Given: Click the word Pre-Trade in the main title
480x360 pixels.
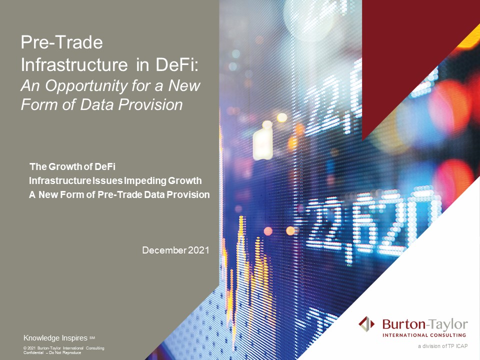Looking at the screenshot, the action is tap(62, 42).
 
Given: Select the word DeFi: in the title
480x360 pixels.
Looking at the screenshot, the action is tap(177, 64).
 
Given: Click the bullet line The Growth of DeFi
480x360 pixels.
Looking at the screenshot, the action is tap(72, 166).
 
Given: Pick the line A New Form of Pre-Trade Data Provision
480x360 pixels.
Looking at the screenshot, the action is tap(119, 194).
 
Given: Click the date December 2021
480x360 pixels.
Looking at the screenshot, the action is tap(175, 250).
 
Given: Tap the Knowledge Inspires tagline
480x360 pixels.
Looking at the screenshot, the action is tap(55, 338).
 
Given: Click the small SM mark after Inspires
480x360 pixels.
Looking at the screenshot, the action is tap(92, 338).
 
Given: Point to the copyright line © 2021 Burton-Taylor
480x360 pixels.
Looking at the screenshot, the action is tap(63, 348).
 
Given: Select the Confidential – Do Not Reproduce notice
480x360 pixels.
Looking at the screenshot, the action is tap(52, 352).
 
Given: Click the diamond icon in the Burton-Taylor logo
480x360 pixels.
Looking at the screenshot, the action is tap(366, 324).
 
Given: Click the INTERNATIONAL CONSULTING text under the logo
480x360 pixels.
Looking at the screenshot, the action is tap(424, 335).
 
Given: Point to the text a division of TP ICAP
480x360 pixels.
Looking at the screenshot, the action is tap(443, 346).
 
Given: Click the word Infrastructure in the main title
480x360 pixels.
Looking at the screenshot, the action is tap(74, 64).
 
